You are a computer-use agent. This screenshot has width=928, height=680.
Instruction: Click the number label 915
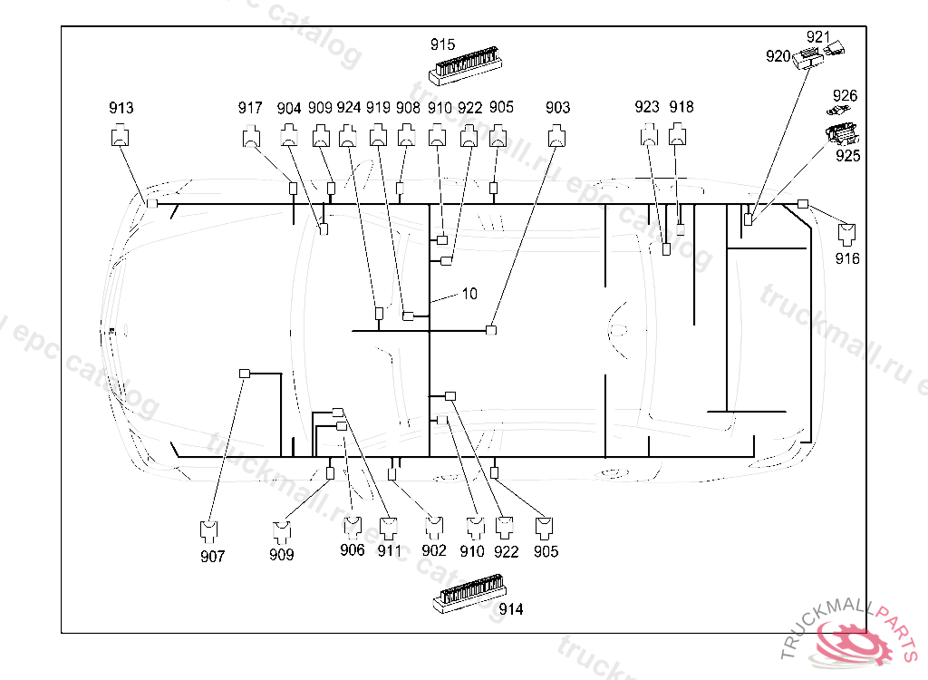pos(443,44)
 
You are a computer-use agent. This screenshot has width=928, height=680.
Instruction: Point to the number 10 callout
pos(469,294)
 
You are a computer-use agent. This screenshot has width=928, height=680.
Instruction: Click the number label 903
pos(558,107)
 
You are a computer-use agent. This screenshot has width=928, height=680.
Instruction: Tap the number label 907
pos(213,557)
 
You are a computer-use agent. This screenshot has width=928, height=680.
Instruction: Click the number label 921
pos(818,37)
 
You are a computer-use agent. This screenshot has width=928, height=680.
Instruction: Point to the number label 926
pos(846,96)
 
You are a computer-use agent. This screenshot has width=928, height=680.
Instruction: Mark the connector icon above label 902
pos(434,525)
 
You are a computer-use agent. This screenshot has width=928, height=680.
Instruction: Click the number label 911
pos(390,550)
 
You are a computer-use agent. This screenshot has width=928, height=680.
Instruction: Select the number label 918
pos(681,107)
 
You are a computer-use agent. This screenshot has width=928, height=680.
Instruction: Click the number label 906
pos(353,549)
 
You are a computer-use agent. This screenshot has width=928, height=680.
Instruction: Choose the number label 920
pos(778,55)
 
